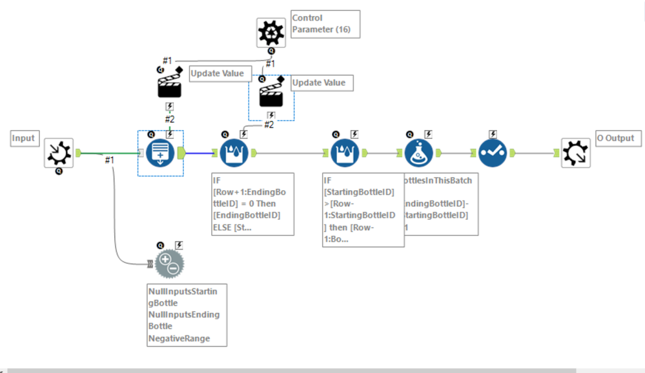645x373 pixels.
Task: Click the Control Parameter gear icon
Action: (271, 32)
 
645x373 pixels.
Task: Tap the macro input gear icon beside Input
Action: (59, 153)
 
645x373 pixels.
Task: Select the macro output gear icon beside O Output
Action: (575, 153)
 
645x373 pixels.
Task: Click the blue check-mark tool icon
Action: (493, 153)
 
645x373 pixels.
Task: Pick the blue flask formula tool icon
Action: (419, 153)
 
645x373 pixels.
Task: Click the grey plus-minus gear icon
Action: (169, 264)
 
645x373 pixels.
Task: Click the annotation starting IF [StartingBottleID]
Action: (363, 209)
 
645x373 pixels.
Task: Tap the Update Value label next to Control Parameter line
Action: (217, 74)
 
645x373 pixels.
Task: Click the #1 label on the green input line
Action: (110, 160)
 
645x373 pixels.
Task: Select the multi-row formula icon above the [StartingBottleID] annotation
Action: (345, 153)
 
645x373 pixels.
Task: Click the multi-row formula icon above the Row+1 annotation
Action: (234, 153)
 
